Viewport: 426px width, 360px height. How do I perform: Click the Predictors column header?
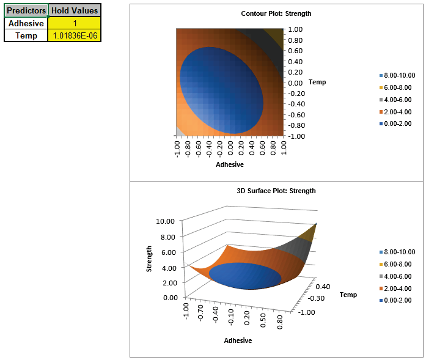tap(26, 10)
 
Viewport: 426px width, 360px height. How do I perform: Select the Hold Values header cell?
tap(75, 10)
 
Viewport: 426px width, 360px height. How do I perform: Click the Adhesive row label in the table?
tap(26, 23)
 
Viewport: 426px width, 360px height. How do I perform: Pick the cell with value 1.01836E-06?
tap(75, 35)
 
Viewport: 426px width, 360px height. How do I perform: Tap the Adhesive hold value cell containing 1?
tap(75, 23)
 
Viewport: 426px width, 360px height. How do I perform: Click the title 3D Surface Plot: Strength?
tap(276, 191)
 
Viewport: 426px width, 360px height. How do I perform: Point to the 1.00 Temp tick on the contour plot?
tap(296, 29)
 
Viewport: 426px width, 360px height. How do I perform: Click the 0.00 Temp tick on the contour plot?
tap(296, 83)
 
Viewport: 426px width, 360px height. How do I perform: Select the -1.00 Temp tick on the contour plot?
tap(296, 136)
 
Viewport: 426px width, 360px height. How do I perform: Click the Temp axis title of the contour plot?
tap(318, 82)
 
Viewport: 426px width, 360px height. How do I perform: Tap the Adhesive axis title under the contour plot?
tap(230, 164)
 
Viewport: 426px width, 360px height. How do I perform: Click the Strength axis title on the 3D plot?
tap(149, 259)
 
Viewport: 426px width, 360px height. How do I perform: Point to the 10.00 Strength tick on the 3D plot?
tap(166, 221)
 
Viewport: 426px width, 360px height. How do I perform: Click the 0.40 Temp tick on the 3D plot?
tap(325, 286)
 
